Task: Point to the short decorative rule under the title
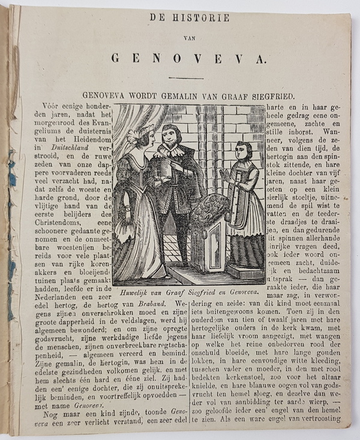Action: click(x=185, y=77)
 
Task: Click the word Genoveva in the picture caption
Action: click(x=240, y=292)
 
